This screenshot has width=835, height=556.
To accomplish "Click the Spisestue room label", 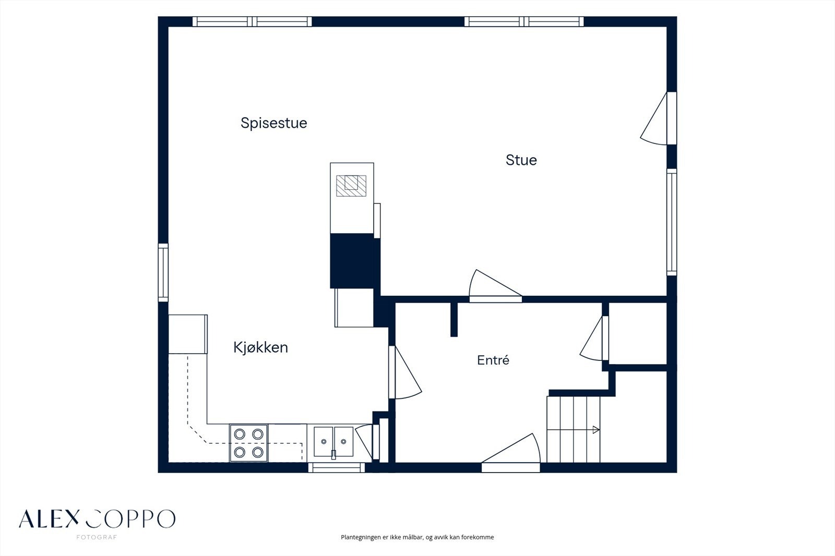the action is click(273, 123).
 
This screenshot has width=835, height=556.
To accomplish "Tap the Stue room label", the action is click(521, 160).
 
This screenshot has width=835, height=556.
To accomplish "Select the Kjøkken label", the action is click(260, 348).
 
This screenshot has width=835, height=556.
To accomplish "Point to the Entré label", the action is click(493, 360).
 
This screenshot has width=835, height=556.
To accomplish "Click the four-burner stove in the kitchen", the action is click(248, 443).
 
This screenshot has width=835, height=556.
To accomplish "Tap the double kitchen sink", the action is click(333, 442).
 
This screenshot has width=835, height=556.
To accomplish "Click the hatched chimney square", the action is click(351, 186).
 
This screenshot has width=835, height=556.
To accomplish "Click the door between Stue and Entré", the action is click(495, 286).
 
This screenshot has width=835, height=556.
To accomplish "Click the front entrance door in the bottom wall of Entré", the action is click(511, 453).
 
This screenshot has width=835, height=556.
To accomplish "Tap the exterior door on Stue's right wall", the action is click(658, 118).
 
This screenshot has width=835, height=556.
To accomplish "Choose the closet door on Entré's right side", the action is click(594, 339).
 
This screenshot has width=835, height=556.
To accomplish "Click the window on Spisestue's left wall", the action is click(163, 272).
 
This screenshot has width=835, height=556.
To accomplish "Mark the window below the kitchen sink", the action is click(337, 467).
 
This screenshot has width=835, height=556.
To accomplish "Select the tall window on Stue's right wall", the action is click(671, 222).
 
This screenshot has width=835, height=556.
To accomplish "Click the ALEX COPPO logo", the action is click(97, 519).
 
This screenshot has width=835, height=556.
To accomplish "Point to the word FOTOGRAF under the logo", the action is click(97, 537).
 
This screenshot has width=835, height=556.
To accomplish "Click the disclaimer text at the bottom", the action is click(417, 537).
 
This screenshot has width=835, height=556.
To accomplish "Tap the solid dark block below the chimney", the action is click(355, 261).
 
